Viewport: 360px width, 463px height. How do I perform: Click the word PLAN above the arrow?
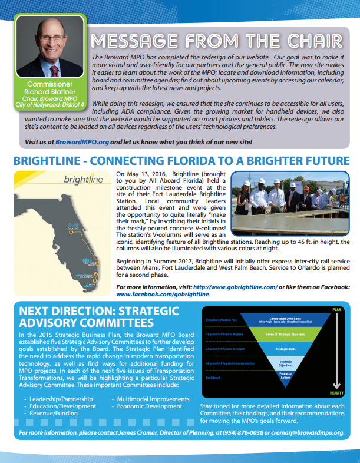(x=336, y=309)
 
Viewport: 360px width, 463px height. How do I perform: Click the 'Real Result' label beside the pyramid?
(x=213, y=377)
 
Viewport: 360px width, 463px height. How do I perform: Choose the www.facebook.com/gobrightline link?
(x=162, y=293)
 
